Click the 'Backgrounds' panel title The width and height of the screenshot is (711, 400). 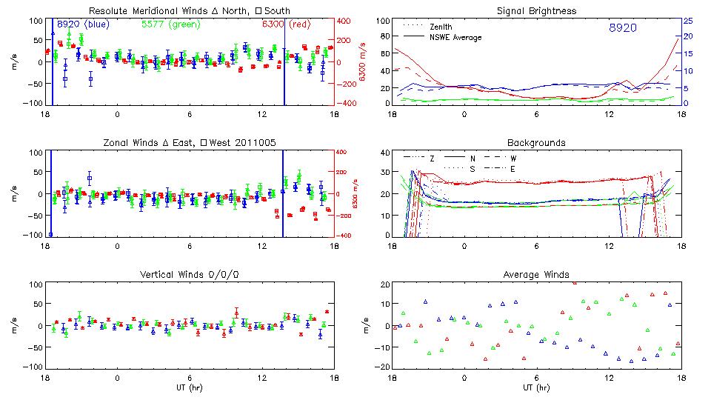point(536,142)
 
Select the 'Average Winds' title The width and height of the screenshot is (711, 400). point(536,275)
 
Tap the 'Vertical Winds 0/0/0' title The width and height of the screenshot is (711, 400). point(190,275)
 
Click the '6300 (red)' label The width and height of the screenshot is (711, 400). point(286,24)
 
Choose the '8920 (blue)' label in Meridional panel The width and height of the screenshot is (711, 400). point(83,24)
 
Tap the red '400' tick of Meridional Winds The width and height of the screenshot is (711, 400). point(345,21)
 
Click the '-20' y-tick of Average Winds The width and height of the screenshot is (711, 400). point(382,367)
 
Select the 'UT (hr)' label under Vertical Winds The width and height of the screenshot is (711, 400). point(190,387)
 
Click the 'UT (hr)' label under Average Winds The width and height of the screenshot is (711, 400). point(536,387)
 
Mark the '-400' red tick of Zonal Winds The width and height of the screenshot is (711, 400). point(345,236)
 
